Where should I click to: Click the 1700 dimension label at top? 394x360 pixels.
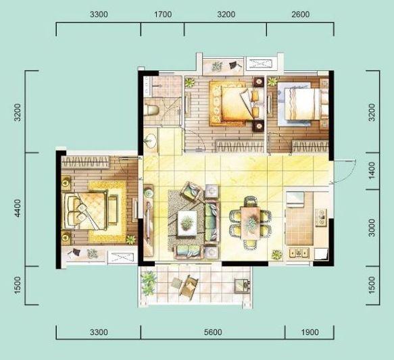(x=163, y=14)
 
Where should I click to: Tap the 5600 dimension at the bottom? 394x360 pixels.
(x=213, y=332)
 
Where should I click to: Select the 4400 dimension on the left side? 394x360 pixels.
(x=18, y=208)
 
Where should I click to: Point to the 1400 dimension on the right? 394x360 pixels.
(x=372, y=171)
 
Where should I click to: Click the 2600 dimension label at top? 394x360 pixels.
(x=301, y=14)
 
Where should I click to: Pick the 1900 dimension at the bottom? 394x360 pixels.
(x=310, y=332)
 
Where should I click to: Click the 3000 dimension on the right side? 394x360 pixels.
(x=372, y=228)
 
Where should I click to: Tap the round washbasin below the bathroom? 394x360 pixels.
(x=151, y=140)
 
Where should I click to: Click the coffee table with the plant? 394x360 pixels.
(x=187, y=223)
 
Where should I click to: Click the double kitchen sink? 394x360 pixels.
(x=299, y=253)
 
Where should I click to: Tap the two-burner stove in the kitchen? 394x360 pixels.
(x=321, y=217)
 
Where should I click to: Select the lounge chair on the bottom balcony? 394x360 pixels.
(x=187, y=286)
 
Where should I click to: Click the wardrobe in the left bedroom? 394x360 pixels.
(x=86, y=162)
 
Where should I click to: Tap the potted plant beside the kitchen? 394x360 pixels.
(x=277, y=255)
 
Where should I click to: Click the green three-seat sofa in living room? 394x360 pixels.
(x=212, y=222)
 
